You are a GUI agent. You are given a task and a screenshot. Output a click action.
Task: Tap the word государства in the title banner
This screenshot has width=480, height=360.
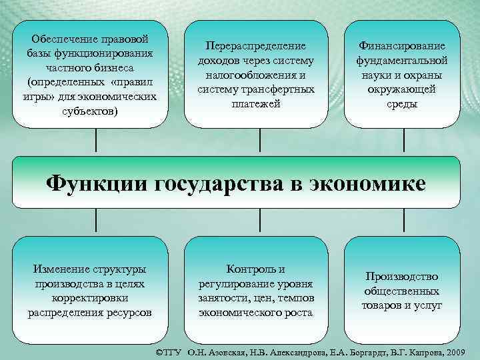[x=219, y=183]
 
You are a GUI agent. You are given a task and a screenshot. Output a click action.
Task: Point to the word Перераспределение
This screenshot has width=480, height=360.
[x=256, y=46]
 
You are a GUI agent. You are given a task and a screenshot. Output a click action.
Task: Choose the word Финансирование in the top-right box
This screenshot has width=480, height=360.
[x=402, y=46]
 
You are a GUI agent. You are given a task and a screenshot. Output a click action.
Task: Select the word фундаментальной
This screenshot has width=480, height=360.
[x=402, y=61]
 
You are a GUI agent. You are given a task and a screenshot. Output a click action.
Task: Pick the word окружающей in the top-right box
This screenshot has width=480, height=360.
[x=402, y=90]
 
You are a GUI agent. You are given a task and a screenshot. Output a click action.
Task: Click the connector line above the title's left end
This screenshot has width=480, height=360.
[x=97, y=141]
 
